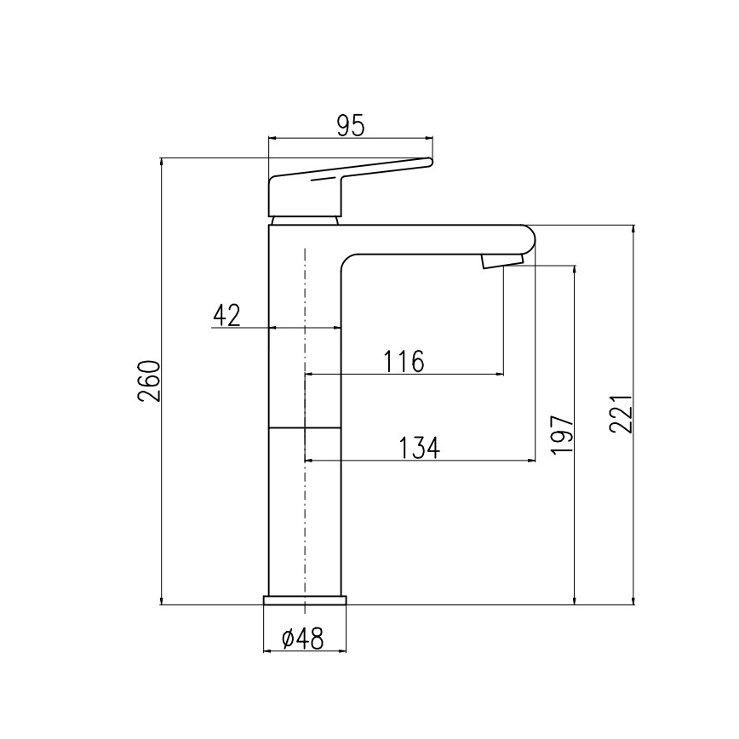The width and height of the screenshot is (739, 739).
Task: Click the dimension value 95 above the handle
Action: (350, 125)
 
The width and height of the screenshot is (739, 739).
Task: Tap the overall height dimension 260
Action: (149, 381)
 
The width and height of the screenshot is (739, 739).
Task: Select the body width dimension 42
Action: (226, 316)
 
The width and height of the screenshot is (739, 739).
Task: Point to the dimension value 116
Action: (404, 362)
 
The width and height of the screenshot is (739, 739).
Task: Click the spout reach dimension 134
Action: (420, 448)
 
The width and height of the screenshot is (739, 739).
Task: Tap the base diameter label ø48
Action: (302, 639)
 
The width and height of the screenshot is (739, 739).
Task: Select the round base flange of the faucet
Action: (305, 600)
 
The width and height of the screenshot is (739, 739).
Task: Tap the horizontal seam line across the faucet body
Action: (305, 427)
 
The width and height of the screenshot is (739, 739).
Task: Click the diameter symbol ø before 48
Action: (287, 639)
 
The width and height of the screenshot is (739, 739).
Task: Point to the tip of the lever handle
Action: (429, 162)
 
